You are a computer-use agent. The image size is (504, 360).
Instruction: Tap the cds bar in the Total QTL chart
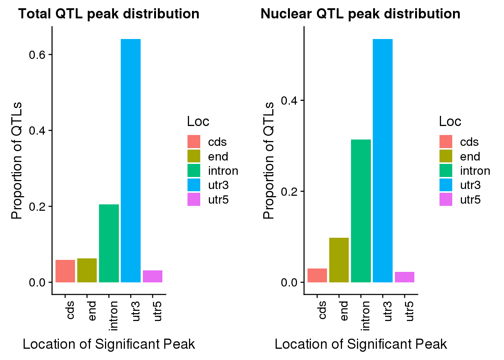(x=65, y=271)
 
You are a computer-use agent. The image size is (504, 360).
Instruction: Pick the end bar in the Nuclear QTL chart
(x=339, y=260)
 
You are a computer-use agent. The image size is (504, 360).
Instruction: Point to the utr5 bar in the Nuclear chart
(x=404, y=277)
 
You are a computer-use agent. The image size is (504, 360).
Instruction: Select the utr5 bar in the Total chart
(x=152, y=276)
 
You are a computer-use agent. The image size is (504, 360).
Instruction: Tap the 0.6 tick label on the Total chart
(x=37, y=55)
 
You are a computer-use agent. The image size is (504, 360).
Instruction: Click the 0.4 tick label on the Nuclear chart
(x=289, y=100)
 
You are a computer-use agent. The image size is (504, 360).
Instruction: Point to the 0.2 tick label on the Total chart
(x=37, y=207)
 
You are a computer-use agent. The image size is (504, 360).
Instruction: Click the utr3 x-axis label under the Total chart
(x=136, y=311)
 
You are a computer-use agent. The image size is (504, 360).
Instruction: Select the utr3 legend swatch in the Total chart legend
(x=194, y=185)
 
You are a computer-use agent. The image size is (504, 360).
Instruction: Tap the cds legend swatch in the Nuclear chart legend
(x=446, y=142)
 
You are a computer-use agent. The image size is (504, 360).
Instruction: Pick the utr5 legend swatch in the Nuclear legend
(x=446, y=199)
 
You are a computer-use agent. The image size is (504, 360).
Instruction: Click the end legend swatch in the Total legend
(x=194, y=156)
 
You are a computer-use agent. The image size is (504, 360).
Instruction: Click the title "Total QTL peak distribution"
(x=109, y=14)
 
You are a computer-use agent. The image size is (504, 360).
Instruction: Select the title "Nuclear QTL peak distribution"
(x=360, y=14)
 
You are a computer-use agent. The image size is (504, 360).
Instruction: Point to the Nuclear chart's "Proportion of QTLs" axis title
(x=268, y=160)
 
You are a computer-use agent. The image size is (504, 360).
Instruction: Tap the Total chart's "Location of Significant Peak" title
(x=109, y=344)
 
